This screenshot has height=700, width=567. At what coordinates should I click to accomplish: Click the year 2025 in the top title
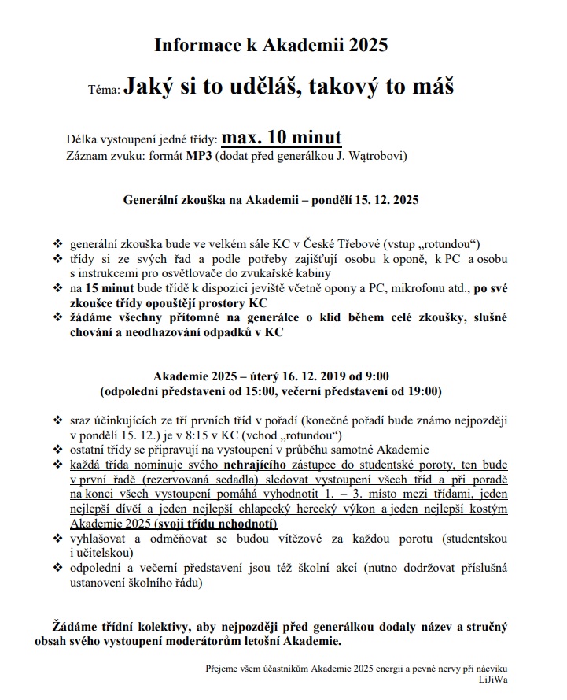[x=366, y=45]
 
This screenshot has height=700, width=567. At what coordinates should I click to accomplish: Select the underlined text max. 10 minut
[x=281, y=138]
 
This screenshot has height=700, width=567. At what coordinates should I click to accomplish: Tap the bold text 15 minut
[x=109, y=288]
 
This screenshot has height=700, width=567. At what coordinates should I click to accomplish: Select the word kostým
[x=486, y=509]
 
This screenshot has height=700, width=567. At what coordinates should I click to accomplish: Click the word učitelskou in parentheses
[x=109, y=554]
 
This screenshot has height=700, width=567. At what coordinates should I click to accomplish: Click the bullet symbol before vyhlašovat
[x=56, y=539]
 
